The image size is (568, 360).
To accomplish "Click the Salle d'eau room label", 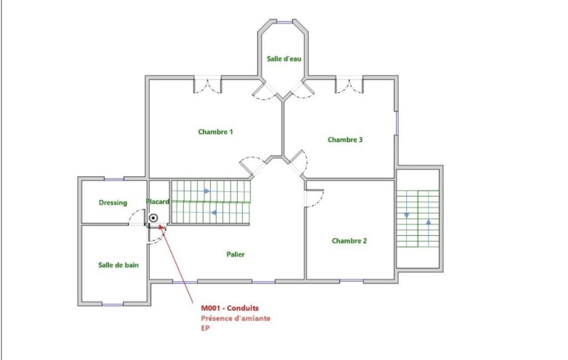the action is (284, 59).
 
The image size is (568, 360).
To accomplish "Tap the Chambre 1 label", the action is (216, 132).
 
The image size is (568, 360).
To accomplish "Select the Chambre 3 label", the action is (345, 140).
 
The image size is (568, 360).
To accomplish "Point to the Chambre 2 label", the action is (350, 241).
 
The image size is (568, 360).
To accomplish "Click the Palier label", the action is (236, 254).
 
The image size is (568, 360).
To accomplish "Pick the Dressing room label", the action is (113, 203).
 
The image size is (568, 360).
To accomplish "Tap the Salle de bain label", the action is (119, 265).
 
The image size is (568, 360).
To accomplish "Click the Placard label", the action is (157, 202).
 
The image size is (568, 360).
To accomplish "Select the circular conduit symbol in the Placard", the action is (154, 218).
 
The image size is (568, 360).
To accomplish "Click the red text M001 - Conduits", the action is (230, 308).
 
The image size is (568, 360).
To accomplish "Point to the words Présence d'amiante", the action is (236, 318).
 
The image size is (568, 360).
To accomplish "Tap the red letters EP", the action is (206, 328).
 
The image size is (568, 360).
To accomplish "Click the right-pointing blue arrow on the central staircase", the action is (207, 191).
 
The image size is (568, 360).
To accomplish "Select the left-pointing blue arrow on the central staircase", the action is (214, 213).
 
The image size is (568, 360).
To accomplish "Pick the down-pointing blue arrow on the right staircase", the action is (407, 215).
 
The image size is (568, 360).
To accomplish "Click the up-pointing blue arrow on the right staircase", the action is (428, 222).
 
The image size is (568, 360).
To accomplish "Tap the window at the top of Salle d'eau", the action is (284, 22).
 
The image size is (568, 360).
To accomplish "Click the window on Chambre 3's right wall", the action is (397, 123).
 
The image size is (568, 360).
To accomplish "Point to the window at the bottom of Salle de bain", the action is (112, 304).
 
